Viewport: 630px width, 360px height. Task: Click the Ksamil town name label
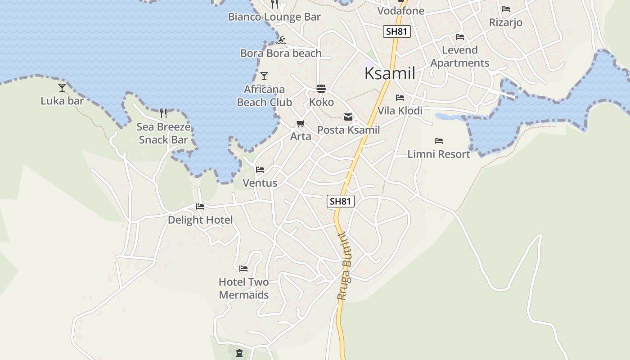tap(390, 73)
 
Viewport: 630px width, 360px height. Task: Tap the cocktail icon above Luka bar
tap(62, 87)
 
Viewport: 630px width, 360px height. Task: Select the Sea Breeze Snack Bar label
tap(163, 133)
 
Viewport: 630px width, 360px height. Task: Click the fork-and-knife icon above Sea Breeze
tap(163, 113)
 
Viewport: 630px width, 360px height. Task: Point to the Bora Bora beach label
tap(281, 53)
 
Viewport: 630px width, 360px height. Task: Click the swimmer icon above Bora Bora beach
tap(281, 40)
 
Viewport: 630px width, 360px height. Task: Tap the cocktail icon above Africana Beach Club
tap(264, 76)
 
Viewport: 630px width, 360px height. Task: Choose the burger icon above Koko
tap(321, 88)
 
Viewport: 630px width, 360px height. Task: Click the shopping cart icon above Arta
tap(301, 123)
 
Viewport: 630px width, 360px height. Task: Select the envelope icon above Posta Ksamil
tap(348, 117)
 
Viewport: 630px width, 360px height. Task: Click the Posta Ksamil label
tap(349, 130)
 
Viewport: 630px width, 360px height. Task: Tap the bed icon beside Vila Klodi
tap(400, 97)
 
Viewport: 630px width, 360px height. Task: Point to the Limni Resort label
tap(439, 154)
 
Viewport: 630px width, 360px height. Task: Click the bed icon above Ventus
tap(260, 170)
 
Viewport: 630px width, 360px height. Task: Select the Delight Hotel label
tap(200, 220)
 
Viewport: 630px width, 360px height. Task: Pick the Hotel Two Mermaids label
tap(244, 288)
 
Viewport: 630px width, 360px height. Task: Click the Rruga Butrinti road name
tap(344, 265)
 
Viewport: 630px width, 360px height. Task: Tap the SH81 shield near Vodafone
tap(397, 31)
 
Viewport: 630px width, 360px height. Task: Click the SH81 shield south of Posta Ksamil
tap(341, 201)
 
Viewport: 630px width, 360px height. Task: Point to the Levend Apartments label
tap(459, 56)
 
